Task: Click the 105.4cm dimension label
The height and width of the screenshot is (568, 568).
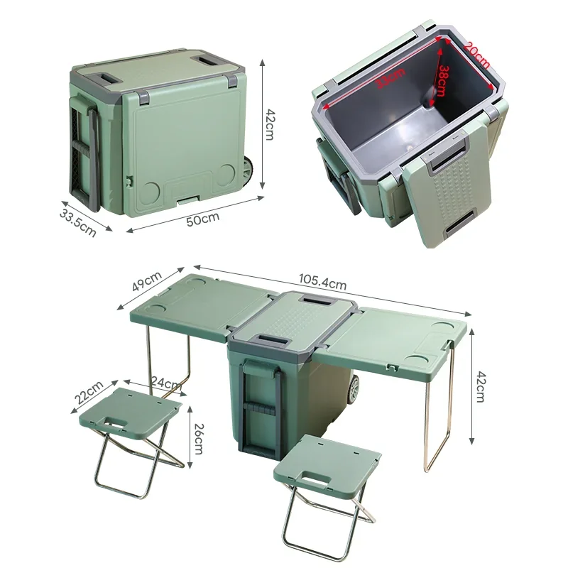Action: (322, 284)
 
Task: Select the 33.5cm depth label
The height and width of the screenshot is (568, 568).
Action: (77, 221)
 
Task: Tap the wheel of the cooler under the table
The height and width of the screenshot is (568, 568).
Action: (353, 388)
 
